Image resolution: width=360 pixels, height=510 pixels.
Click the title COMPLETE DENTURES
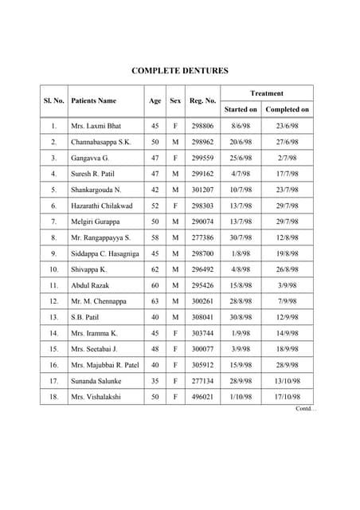pyautogui.click(x=179, y=71)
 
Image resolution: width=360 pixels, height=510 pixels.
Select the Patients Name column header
pyautogui.click(x=93, y=101)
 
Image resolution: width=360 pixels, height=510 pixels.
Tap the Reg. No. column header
pyautogui.click(x=203, y=101)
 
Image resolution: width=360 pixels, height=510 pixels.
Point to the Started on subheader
pyautogui.click(x=241, y=109)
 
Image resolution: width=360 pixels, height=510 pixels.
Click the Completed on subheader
pyautogui.click(x=287, y=109)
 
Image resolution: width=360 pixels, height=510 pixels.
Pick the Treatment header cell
pyautogui.click(x=266, y=93)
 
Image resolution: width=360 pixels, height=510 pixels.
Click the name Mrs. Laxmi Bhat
pyautogui.click(x=97, y=126)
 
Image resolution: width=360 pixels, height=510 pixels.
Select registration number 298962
pyautogui.click(x=203, y=142)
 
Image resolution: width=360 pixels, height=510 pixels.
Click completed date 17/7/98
pyautogui.click(x=287, y=174)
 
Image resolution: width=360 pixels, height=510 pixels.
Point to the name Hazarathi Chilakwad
pyautogui.click(x=104, y=206)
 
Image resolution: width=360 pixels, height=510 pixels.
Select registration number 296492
pyautogui.click(x=203, y=269)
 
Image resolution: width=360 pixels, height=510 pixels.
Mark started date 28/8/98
pyautogui.click(x=241, y=301)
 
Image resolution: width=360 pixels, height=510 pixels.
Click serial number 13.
pyautogui.click(x=53, y=317)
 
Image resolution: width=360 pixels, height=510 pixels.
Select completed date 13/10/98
pyautogui.click(x=287, y=381)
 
